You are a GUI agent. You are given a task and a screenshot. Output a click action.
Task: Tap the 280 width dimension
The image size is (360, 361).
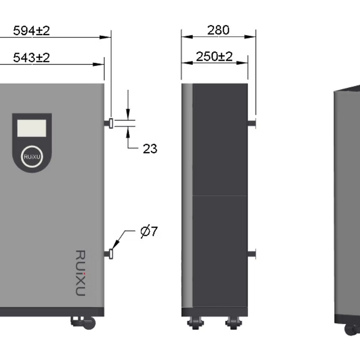[x=218, y=30]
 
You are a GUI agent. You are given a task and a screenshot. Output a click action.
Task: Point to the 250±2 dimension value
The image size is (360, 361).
[x=214, y=56]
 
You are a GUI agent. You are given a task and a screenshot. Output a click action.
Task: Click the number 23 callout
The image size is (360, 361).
[x=150, y=149]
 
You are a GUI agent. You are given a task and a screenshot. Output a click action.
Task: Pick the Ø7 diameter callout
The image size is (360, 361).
[x=148, y=232]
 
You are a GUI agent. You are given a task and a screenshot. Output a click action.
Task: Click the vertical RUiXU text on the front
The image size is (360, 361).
[x=80, y=273]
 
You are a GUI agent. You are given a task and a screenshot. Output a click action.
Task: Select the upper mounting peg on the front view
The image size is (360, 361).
[x=110, y=123]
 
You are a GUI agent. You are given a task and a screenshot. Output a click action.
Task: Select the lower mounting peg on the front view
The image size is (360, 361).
[x=110, y=254]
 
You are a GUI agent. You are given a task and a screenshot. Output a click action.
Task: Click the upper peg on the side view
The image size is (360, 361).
[x=251, y=123]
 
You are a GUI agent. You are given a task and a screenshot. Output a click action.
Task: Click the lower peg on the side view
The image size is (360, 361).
[x=251, y=254]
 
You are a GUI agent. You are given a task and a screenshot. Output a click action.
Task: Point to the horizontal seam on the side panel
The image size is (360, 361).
[x=220, y=195]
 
